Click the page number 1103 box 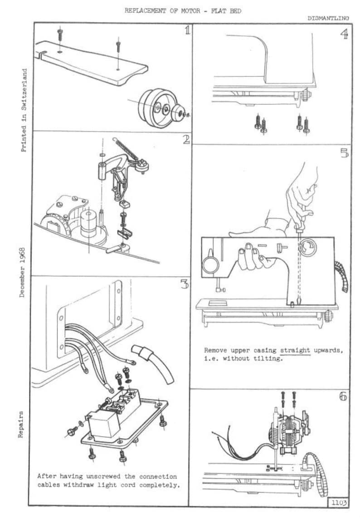pos(339,502)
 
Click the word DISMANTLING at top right pos(328,19)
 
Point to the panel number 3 pos(184,284)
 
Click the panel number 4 pos(344,34)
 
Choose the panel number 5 pos(344,153)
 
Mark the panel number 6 pos(343,397)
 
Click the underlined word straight pos(295,350)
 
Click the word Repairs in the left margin pos(21,425)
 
